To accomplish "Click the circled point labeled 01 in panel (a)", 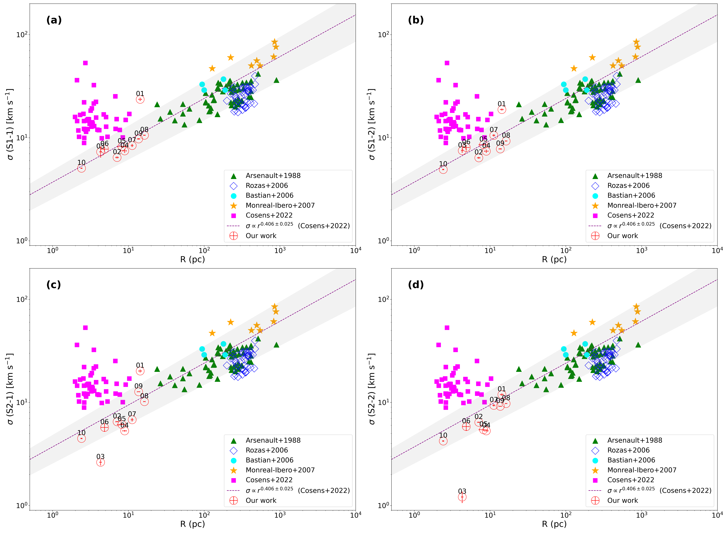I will pos(140,99).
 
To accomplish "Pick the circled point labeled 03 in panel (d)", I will pos(462,497).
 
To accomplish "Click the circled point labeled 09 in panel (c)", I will pos(138,392).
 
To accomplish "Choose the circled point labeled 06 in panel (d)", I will pos(466,427).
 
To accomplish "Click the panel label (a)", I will pos(54,20).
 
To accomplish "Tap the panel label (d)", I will pos(416,285).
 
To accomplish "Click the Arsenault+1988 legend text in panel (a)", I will pos(273,175).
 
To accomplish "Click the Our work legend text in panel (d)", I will pos(622,500).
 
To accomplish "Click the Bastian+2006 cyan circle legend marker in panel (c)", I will pos(234,460).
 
